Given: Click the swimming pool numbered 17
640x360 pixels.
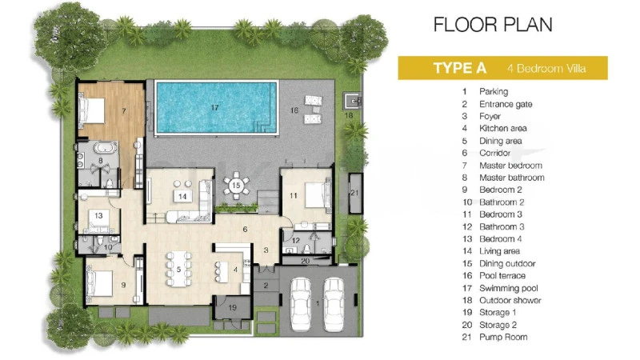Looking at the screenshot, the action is (x=216, y=108).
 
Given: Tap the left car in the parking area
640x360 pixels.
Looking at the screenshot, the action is (x=301, y=304).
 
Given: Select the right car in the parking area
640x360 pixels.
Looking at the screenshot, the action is (x=334, y=304).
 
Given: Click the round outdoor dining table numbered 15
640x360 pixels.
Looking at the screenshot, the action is (x=236, y=186).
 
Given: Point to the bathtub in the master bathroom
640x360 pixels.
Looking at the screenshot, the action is (x=106, y=147).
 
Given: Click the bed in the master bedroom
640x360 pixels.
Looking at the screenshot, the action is (x=92, y=110).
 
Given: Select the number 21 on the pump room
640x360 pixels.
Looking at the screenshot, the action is (x=354, y=193).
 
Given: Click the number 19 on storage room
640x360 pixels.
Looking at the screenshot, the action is (x=232, y=307).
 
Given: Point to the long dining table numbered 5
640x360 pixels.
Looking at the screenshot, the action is (x=178, y=269).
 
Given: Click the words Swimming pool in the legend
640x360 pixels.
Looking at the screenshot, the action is (x=509, y=288).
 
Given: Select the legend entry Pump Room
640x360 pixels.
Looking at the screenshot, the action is (x=503, y=337).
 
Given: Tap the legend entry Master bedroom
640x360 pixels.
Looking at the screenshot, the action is (x=510, y=166).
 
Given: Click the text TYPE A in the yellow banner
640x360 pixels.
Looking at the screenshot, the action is (x=459, y=68).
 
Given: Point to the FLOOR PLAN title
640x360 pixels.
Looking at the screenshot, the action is (x=493, y=25).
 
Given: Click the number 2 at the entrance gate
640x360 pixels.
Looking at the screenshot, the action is (x=266, y=286).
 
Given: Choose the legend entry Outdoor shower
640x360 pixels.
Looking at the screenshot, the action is (x=510, y=301).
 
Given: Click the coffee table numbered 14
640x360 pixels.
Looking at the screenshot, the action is (x=182, y=196).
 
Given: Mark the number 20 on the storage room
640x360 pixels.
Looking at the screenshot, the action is (x=306, y=261).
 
